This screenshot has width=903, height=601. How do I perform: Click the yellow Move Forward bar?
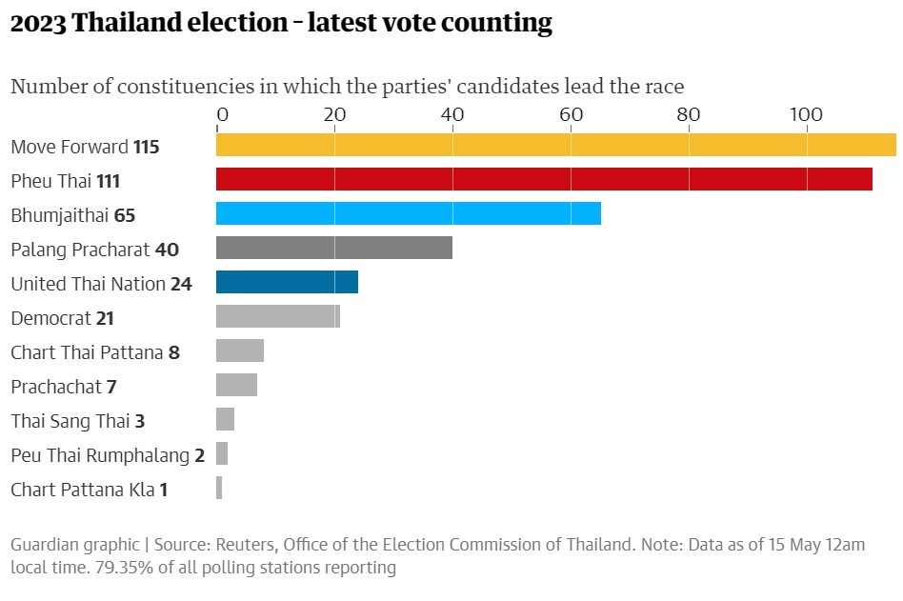pos(555,145)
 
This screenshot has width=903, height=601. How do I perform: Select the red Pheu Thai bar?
pos(544,179)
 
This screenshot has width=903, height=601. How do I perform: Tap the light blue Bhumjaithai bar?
pos(408,213)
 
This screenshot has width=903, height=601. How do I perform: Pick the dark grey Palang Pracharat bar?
pos(333,248)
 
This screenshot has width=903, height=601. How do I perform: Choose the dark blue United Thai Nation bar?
pos(287,282)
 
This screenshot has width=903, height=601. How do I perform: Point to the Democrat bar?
pos(277,316)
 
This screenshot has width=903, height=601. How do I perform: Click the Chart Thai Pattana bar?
pos(239,351)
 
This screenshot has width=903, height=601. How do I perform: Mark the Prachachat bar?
pos(236,385)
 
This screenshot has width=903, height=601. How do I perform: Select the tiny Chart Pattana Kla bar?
pos(219,488)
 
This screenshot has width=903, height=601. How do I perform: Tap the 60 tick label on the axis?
pos(571,115)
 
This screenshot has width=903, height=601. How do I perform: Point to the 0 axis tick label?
pos(222,115)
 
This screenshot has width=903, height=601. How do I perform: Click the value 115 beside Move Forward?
pos(146,147)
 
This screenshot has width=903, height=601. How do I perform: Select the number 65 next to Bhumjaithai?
pos(125,215)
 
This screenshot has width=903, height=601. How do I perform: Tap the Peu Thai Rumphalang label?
pos(100,455)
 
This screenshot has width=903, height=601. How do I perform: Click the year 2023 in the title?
pos(37,24)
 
